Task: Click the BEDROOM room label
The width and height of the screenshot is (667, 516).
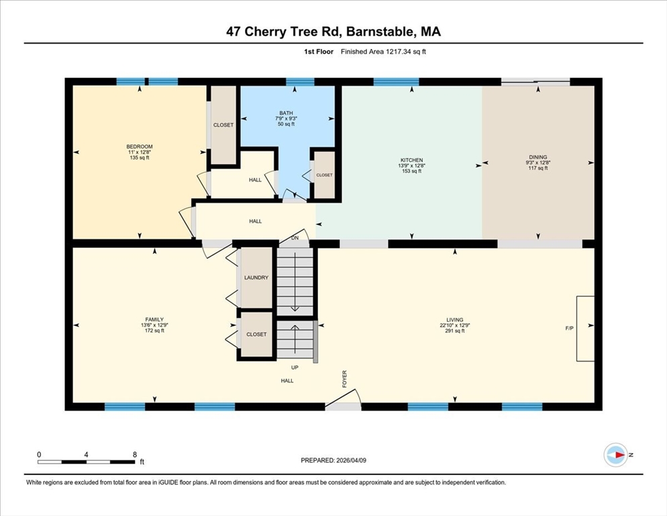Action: pyautogui.click(x=140, y=146)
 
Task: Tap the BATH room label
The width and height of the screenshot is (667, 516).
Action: pyautogui.click(x=286, y=113)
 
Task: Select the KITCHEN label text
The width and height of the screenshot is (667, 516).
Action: pyautogui.click(x=412, y=160)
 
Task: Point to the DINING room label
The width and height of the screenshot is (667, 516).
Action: pyautogui.click(x=538, y=157)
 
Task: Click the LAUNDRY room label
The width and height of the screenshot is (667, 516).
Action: pyautogui.click(x=256, y=277)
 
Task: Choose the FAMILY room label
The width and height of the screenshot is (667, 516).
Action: pyautogui.click(x=154, y=320)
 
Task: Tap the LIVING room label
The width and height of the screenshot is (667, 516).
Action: pyautogui.click(x=455, y=320)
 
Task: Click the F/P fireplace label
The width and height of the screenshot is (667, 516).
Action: pyautogui.click(x=569, y=328)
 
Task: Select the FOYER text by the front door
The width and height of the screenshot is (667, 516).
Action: pyautogui.click(x=344, y=379)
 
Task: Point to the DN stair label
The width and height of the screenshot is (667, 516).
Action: pyautogui.click(x=295, y=238)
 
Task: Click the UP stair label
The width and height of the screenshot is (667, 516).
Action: pyautogui.click(x=295, y=368)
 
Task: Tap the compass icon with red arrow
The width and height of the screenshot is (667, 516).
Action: pyautogui.click(x=615, y=455)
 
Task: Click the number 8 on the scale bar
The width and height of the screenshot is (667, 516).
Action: pyautogui.click(x=135, y=455)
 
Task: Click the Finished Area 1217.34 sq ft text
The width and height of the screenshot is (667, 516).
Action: pyautogui.click(x=383, y=52)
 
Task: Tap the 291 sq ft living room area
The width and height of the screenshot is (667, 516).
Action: pyautogui.click(x=455, y=331)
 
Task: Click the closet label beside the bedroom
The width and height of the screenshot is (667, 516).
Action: pyautogui.click(x=223, y=125)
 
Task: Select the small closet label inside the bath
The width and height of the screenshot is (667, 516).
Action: pyautogui.click(x=325, y=175)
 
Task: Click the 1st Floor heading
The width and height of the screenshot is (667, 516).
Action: pyautogui.click(x=319, y=52)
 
